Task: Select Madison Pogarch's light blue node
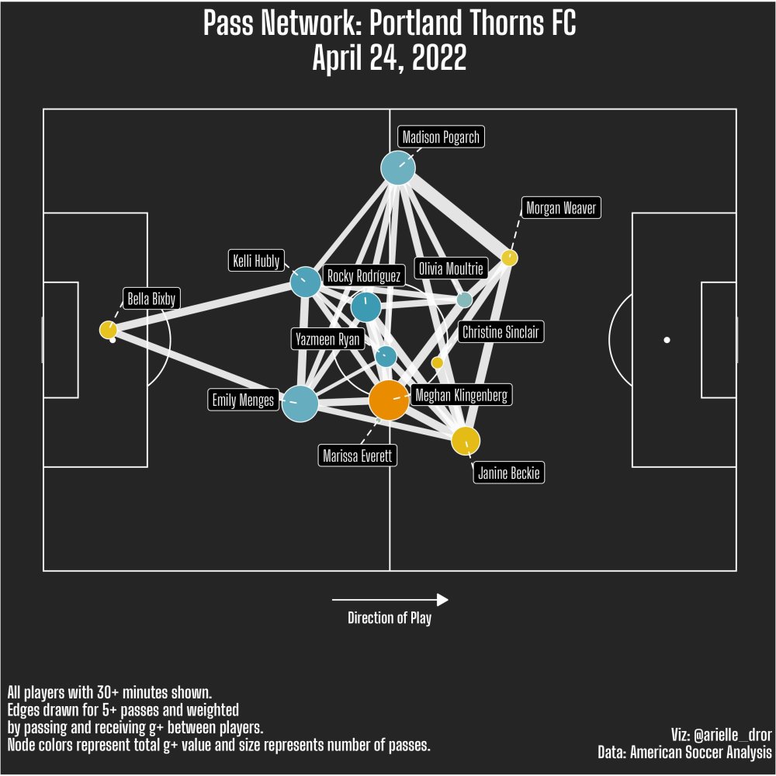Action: (398, 168)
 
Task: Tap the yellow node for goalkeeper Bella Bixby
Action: (108, 330)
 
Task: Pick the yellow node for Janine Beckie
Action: (466, 441)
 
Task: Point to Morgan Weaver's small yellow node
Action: (509, 258)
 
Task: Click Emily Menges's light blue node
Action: (300, 404)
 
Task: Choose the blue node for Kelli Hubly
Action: (305, 281)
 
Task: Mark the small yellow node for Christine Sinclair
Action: (437, 362)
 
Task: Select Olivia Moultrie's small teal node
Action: (464, 300)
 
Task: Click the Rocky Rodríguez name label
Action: (364, 276)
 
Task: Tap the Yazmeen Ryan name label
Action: (327, 339)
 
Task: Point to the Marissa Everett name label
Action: (359, 456)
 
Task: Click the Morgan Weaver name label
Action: (560, 208)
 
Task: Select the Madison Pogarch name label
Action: (441, 138)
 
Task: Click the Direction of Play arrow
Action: (390, 600)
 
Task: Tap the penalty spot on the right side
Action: (667, 341)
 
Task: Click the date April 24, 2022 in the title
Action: (389, 58)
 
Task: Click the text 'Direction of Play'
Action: (390, 618)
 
